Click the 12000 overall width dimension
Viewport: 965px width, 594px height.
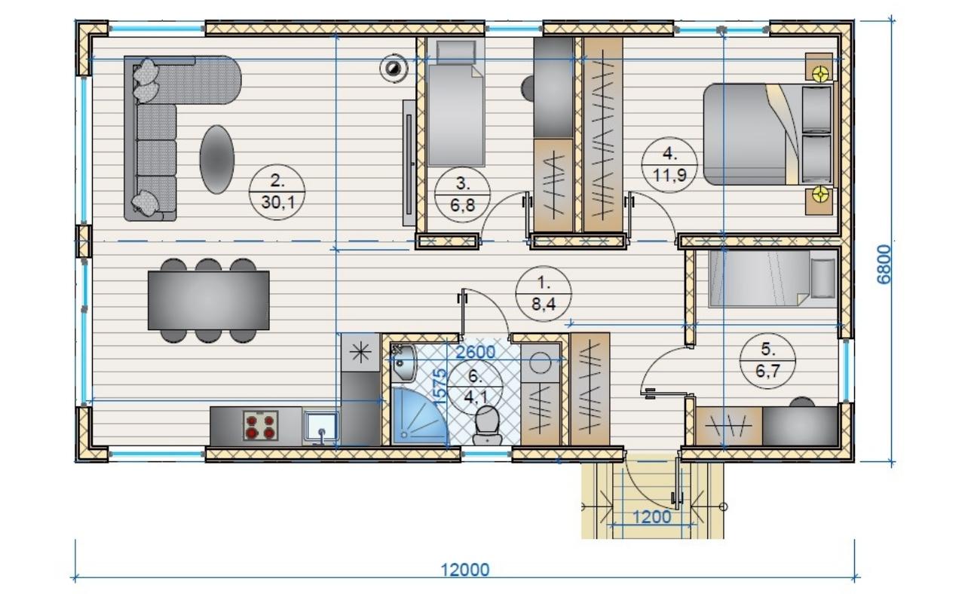(465, 570)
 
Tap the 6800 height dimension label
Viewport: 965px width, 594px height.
(884, 264)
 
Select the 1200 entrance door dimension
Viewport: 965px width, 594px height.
(652, 516)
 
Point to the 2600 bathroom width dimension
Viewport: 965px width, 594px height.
(476, 352)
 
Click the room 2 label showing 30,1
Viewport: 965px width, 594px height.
(277, 191)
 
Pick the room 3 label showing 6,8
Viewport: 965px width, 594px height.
(463, 194)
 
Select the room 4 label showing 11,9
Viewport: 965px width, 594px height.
(669, 165)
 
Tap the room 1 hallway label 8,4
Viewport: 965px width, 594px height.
(544, 294)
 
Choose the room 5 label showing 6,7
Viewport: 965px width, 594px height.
(767, 361)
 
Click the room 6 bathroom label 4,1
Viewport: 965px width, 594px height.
(475, 387)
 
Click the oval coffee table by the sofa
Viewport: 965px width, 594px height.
(217, 159)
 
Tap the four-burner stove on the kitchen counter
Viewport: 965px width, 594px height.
(260, 426)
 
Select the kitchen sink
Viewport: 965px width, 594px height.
(321, 427)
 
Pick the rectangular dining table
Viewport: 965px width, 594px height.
(209, 301)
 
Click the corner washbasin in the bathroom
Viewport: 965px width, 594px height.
(403, 363)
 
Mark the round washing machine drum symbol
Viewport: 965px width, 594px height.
(541, 363)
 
